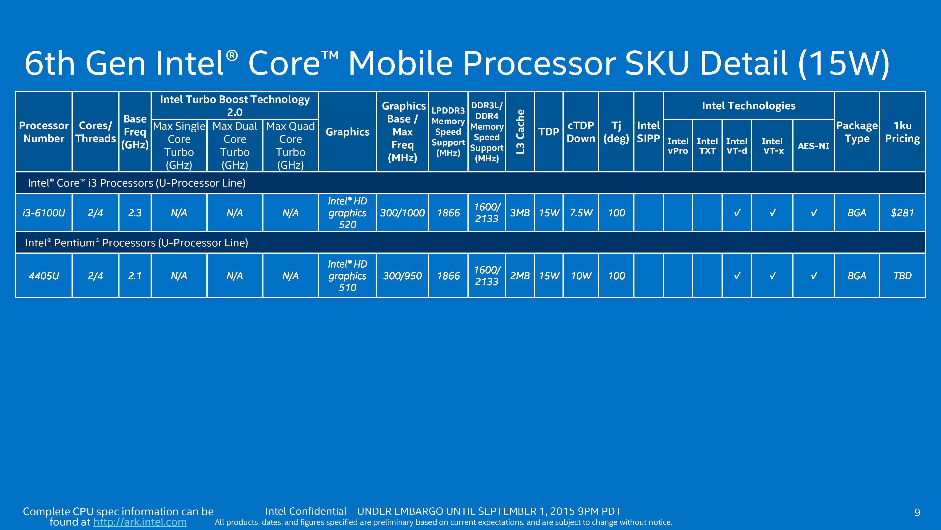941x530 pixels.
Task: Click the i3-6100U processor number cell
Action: (44, 212)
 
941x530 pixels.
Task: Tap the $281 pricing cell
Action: (902, 212)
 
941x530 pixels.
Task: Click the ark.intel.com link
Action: (140, 522)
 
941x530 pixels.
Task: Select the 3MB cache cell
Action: (520, 212)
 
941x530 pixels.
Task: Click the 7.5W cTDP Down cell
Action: (581, 212)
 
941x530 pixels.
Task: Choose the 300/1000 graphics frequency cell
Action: (402, 212)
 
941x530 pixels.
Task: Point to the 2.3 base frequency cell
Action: (135, 212)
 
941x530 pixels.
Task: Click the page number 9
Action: (917, 512)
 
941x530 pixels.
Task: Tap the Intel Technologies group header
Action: (749, 106)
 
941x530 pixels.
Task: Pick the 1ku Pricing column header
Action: (902, 132)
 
